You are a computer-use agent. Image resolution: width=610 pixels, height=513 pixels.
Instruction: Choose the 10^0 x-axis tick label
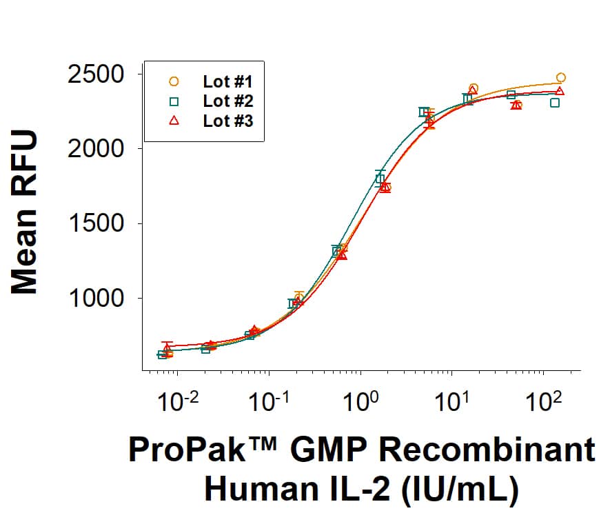(x=359, y=401)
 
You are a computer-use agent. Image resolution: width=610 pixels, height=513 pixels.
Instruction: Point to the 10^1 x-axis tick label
(x=450, y=401)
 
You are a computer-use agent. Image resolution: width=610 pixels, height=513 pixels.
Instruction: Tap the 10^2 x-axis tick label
(x=542, y=401)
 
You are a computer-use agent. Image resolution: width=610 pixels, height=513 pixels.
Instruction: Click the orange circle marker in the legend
(x=174, y=81)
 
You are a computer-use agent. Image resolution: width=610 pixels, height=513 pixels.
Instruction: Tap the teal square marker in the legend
(x=174, y=101)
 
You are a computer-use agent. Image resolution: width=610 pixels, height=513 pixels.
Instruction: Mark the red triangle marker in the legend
(x=174, y=121)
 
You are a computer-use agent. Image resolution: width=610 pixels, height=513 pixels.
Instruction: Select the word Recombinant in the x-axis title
(x=488, y=450)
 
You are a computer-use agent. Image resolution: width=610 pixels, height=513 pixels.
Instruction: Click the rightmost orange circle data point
(x=561, y=77)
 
